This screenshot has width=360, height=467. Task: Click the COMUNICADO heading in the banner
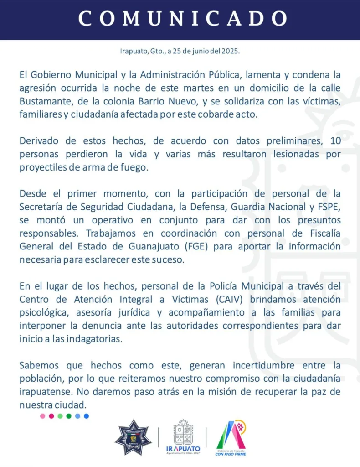click(x=182, y=18)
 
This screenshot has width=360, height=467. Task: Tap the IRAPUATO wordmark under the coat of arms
click(x=182, y=448)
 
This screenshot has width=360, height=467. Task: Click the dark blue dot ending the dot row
click(x=87, y=416)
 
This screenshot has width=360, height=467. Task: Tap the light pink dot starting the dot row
click(x=42, y=416)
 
